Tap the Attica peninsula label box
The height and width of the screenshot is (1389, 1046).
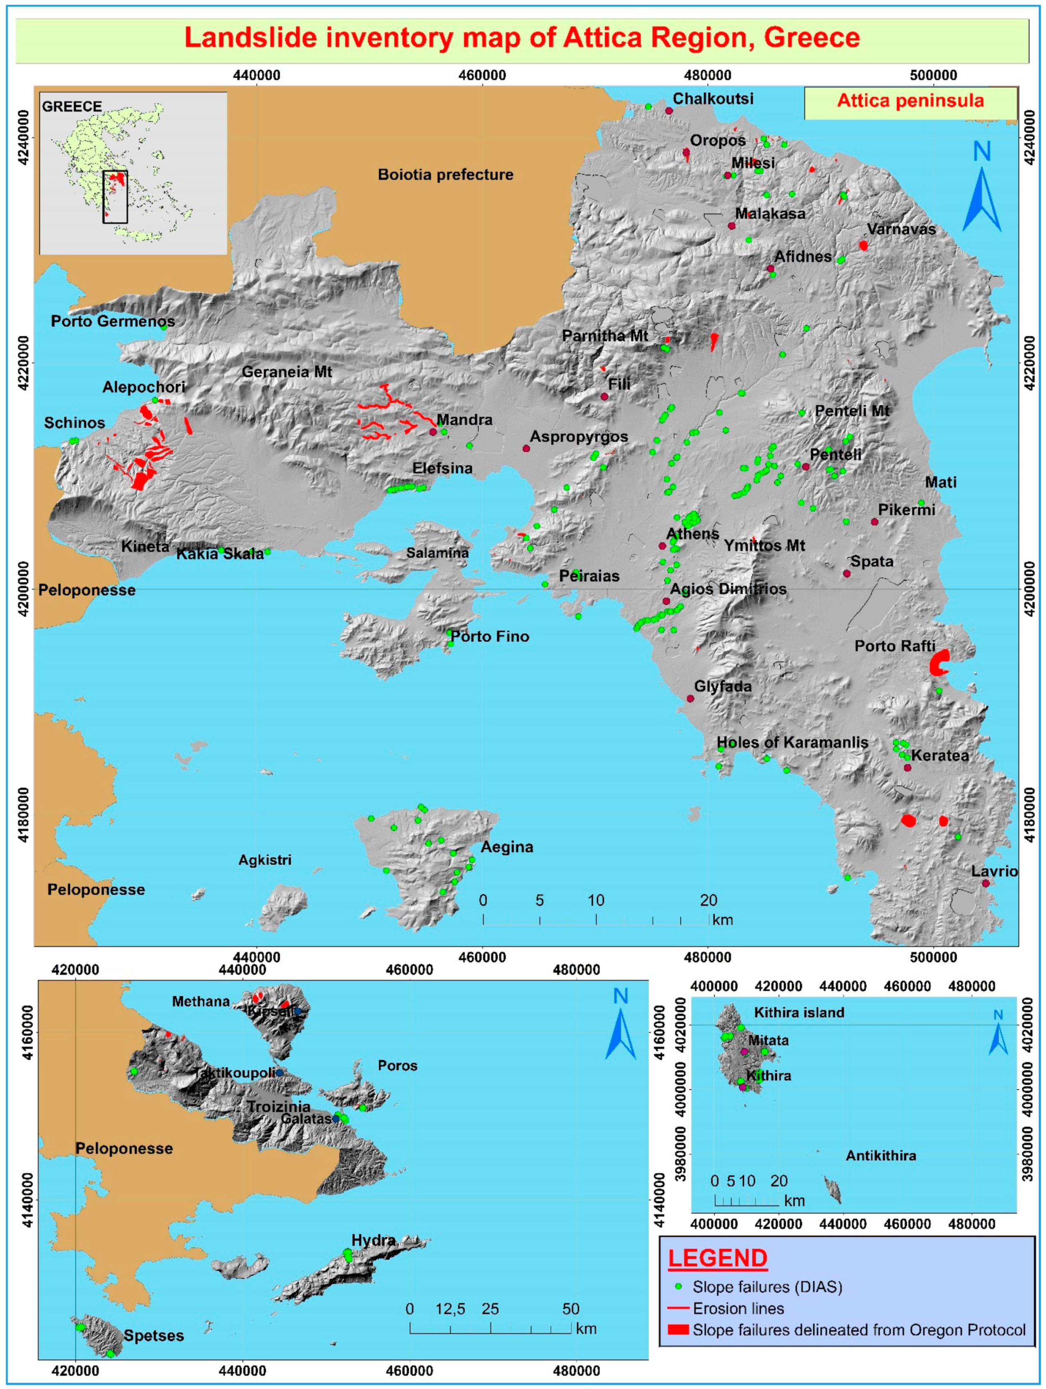(x=910, y=101)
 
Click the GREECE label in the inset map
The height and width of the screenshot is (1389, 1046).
(x=72, y=107)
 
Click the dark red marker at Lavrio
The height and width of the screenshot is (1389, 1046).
(x=985, y=883)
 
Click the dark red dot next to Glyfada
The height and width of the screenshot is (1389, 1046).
(x=690, y=698)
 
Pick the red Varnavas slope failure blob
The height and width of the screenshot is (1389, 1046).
(x=864, y=246)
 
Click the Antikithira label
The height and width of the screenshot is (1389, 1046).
(x=880, y=1155)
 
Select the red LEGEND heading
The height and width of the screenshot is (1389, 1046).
(x=717, y=1259)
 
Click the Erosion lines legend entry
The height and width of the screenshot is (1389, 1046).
(x=738, y=1309)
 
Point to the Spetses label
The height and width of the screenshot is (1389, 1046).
(x=153, y=1336)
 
